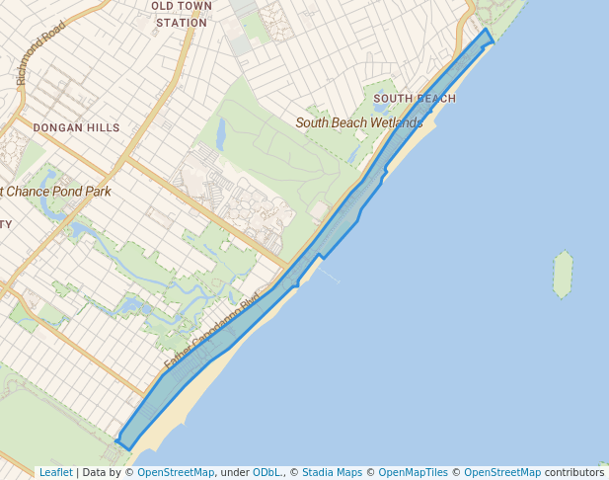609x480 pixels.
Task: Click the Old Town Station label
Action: pos(181,14)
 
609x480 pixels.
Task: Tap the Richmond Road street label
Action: pos(40,52)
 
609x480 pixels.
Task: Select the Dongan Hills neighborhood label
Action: pos(76,127)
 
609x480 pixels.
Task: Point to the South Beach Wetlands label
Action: pos(359,122)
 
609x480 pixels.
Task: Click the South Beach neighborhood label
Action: pos(415,99)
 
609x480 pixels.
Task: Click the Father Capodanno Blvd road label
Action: pos(210,334)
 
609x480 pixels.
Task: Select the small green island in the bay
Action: pos(563,274)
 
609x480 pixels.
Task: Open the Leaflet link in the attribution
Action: pos(55,472)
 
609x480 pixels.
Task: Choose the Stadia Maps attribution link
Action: pos(332,472)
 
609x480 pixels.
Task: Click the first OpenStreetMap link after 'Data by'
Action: pos(176,472)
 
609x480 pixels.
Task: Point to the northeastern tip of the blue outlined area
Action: pos(489,32)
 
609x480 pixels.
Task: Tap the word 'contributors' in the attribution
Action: pos(573,472)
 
